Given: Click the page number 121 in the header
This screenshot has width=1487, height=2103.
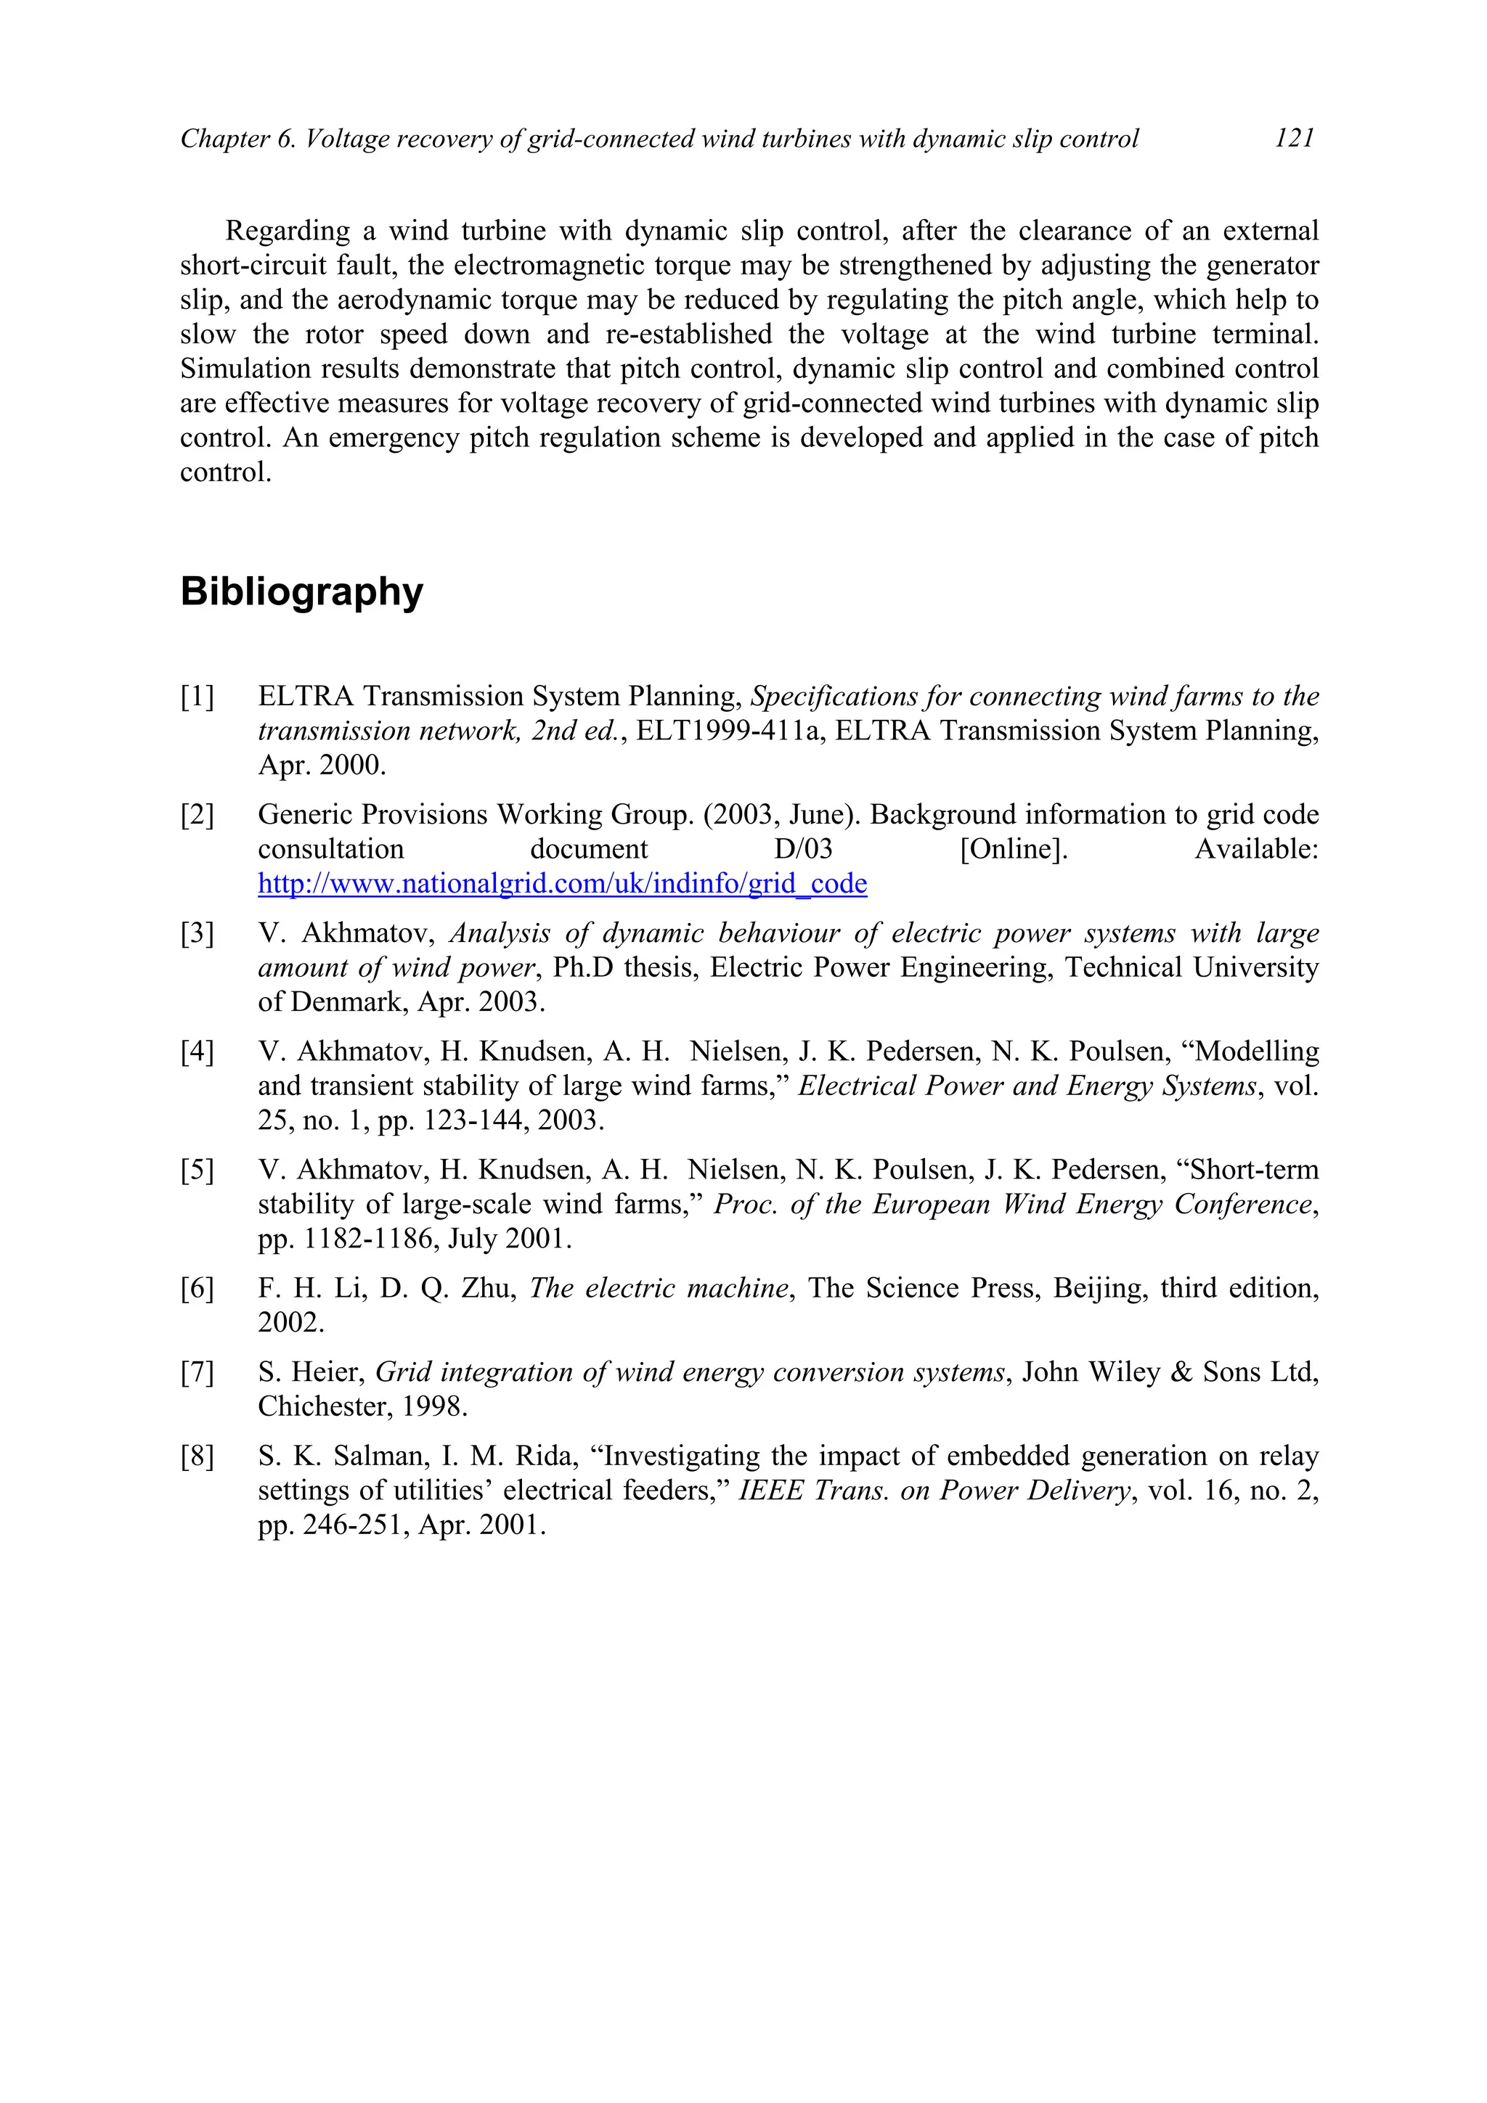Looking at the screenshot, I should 1294,139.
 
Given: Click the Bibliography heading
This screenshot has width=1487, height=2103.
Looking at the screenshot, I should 301,591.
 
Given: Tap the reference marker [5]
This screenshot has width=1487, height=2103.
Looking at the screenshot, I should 197,1171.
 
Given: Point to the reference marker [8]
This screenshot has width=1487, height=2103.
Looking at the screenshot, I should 197,1456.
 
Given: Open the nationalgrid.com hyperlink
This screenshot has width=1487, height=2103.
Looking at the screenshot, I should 562,884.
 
